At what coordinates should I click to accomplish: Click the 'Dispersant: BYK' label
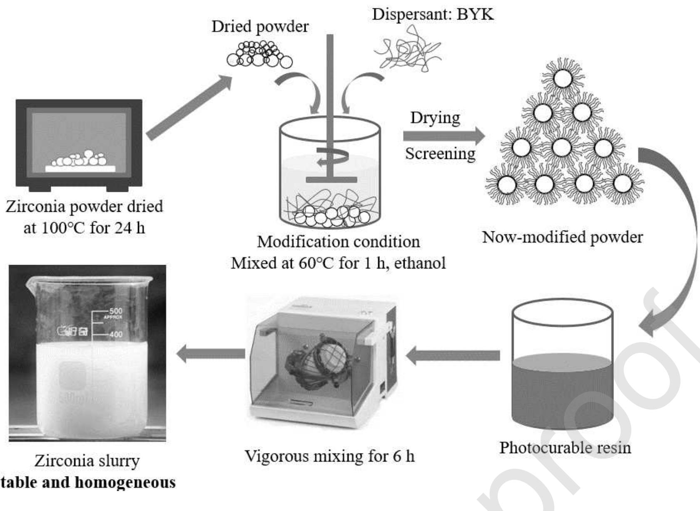point(433,15)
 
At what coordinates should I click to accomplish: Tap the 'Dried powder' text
point(260,27)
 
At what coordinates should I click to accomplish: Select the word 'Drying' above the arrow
point(435,118)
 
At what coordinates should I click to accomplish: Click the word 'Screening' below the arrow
point(440,154)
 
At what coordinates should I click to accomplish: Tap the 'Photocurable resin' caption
point(565,448)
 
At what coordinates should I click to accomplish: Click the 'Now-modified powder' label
point(562,237)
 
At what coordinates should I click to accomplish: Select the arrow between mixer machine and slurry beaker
point(211,354)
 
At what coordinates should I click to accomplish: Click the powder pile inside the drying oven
point(80,160)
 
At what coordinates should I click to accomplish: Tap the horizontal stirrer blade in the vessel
point(331,180)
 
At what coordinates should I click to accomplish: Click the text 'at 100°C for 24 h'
point(85,228)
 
